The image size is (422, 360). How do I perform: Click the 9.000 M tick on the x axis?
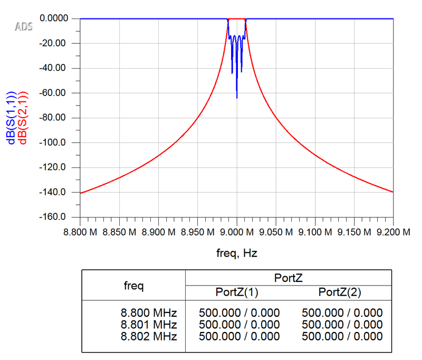236,232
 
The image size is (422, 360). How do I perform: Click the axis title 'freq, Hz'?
236,253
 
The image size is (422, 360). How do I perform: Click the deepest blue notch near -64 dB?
237,97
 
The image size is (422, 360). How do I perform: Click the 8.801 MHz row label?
149,324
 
